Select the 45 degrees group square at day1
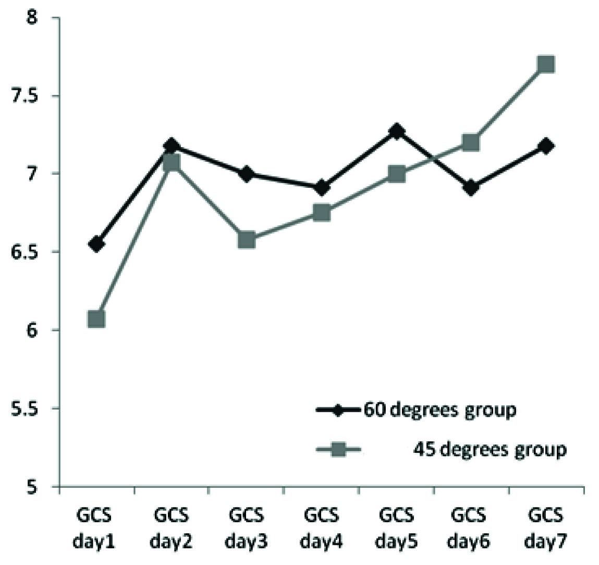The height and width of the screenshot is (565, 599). [x=96, y=319]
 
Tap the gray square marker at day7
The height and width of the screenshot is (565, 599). [x=546, y=64]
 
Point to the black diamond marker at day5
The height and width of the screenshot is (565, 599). [x=396, y=131]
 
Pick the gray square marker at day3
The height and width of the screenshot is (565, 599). [x=246, y=240]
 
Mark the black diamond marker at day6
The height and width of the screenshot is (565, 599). [x=471, y=188]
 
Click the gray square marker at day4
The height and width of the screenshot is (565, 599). [x=322, y=212]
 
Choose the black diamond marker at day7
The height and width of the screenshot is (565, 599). [x=546, y=146]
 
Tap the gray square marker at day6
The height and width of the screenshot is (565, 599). [x=471, y=142]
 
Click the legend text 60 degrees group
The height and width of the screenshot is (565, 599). [x=439, y=410]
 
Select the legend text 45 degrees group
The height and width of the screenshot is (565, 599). [x=490, y=449]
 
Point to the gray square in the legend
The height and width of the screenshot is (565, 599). [x=339, y=449]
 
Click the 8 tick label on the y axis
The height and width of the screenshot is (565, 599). [x=32, y=18]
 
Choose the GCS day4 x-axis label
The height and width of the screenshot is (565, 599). [x=322, y=528]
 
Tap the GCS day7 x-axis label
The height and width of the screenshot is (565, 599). [x=546, y=528]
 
